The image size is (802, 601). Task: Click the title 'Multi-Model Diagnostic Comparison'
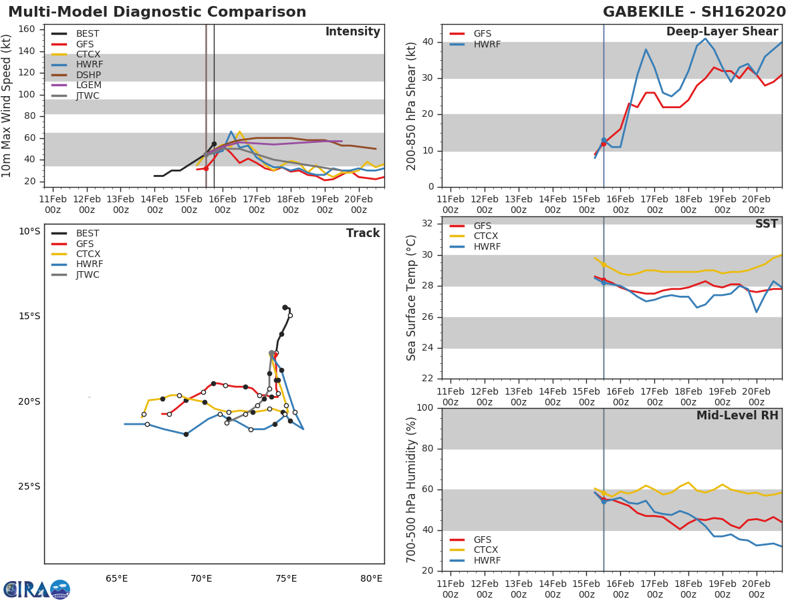point(157,12)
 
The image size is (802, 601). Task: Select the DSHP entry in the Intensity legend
point(87,75)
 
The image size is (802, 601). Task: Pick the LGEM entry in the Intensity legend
point(87,85)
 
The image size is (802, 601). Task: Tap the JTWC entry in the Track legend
point(87,274)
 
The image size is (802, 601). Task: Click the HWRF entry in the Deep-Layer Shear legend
point(487,44)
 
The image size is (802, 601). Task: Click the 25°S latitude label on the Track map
point(29,486)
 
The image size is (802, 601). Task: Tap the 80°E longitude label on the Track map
point(372,578)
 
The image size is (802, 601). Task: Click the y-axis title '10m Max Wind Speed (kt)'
point(7,106)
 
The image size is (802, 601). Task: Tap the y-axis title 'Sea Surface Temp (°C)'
point(412,298)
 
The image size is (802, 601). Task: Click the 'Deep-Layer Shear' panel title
point(722,32)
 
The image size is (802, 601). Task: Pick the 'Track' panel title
point(363,233)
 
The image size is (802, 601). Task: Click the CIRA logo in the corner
point(37,589)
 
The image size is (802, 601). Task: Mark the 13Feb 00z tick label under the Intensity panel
point(120,204)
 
